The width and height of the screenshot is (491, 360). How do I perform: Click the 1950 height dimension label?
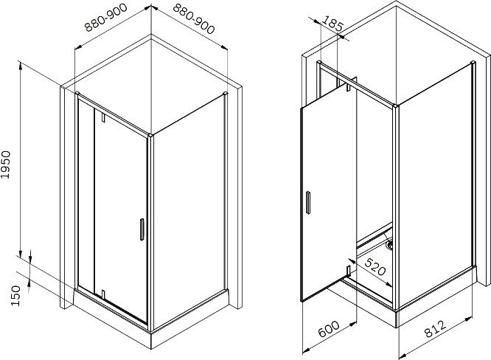(6, 165)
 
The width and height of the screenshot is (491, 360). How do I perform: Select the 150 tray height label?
(15, 296)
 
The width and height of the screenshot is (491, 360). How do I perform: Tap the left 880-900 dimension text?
(106, 17)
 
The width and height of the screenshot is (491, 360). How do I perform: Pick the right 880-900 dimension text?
(194, 18)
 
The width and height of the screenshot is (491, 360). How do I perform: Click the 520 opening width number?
(375, 266)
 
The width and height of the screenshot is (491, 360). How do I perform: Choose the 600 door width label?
(329, 329)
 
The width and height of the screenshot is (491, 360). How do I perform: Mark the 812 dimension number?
(436, 328)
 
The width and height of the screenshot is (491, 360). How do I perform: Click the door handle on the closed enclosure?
(142, 229)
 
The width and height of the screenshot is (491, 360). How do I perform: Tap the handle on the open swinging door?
(308, 202)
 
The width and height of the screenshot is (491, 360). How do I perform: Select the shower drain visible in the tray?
(389, 245)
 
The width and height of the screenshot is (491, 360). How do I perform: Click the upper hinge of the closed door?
(102, 117)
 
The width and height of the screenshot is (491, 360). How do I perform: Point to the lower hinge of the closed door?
(102, 294)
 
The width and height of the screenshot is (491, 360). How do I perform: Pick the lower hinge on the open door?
(348, 271)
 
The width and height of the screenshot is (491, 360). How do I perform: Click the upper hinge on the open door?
(348, 87)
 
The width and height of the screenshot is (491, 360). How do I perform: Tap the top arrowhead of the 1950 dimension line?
(21, 64)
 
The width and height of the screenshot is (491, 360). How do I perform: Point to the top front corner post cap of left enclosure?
(151, 135)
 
